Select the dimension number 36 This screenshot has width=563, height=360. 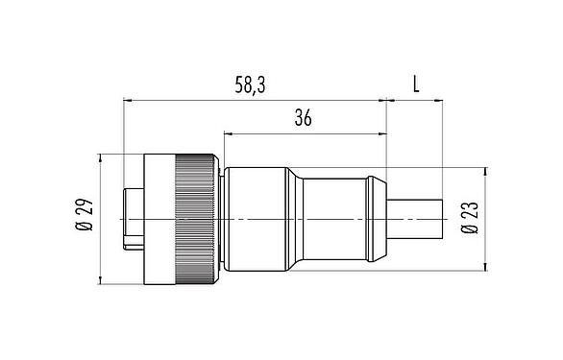pyautogui.click(x=303, y=119)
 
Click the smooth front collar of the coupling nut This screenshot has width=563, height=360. pyautogui.click(x=158, y=219)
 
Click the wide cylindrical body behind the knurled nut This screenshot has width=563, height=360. pyautogui.click(x=254, y=219)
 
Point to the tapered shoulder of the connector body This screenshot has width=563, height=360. pyautogui.click(x=296, y=219)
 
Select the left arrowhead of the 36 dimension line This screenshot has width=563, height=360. pyautogui.click(x=227, y=132)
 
